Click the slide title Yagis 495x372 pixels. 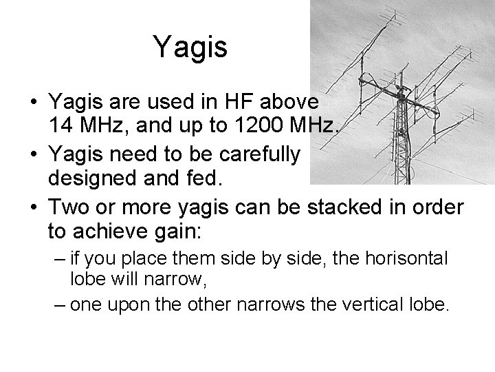[190, 47]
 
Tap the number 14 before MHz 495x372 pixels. [60, 126]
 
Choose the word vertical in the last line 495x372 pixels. [364, 304]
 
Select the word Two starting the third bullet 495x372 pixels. [69, 207]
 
